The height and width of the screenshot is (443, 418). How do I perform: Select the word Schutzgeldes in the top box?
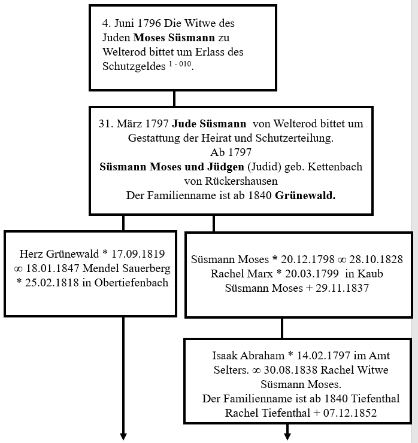(132, 66)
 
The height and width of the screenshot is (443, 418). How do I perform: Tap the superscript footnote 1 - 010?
(178, 62)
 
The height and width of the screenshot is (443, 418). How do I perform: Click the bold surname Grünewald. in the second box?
(305, 195)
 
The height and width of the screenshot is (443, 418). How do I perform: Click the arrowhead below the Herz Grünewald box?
(123, 435)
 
